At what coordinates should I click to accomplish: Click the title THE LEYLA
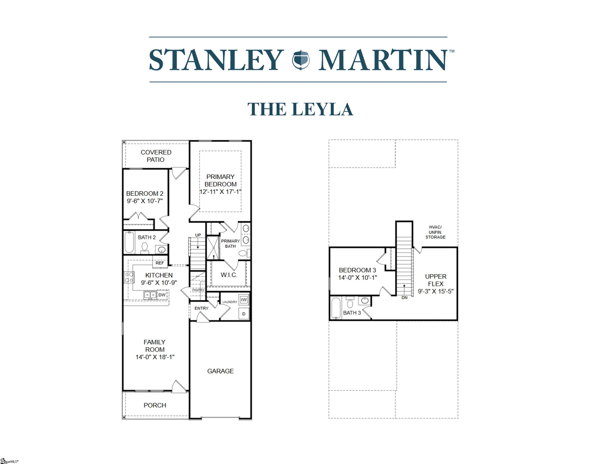(300, 109)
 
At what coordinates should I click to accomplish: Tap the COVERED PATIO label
(156, 156)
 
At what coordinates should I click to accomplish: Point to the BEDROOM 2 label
(145, 194)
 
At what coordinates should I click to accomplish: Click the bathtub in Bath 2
(129, 242)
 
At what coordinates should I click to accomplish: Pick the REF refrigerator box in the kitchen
(160, 263)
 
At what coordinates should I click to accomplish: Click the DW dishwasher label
(162, 295)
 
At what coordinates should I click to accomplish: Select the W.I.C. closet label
(229, 275)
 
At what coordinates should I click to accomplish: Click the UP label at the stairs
(198, 235)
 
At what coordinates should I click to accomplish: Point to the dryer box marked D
(244, 314)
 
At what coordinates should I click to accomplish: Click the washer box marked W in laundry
(244, 300)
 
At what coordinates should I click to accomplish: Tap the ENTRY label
(201, 308)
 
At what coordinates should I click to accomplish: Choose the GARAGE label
(220, 371)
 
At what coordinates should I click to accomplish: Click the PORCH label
(155, 405)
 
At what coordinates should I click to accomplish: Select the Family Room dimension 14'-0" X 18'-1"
(155, 357)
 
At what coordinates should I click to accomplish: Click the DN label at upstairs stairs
(404, 298)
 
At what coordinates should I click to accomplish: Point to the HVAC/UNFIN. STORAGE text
(435, 232)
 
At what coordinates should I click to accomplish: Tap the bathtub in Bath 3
(336, 308)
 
